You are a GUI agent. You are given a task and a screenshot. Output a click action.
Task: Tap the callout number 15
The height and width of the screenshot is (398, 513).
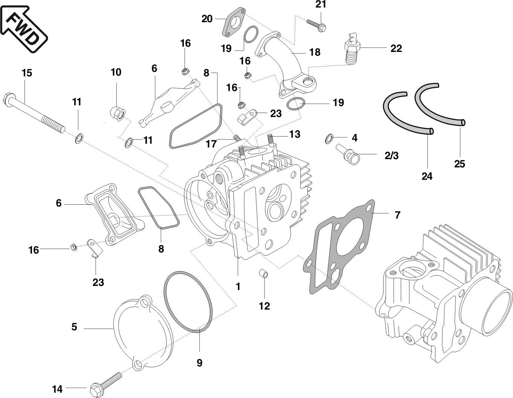(26, 73)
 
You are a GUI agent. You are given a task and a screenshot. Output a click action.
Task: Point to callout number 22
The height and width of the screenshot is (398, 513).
(396, 49)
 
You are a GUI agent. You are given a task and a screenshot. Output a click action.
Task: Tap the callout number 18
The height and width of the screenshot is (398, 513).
(315, 52)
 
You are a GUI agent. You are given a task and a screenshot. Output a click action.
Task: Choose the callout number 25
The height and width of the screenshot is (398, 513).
(460, 164)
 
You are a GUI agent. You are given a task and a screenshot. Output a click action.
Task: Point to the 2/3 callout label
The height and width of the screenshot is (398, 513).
(391, 155)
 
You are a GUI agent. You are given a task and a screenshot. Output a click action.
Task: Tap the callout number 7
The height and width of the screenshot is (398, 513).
(397, 215)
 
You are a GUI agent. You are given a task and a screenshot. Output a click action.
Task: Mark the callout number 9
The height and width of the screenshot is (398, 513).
(199, 363)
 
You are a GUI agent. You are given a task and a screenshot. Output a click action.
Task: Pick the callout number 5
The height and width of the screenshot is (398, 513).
(74, 327)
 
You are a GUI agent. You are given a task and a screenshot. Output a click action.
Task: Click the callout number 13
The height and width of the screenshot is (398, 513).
(295, 134)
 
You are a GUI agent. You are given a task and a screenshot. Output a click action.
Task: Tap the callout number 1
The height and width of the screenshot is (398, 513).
(238, 287)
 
